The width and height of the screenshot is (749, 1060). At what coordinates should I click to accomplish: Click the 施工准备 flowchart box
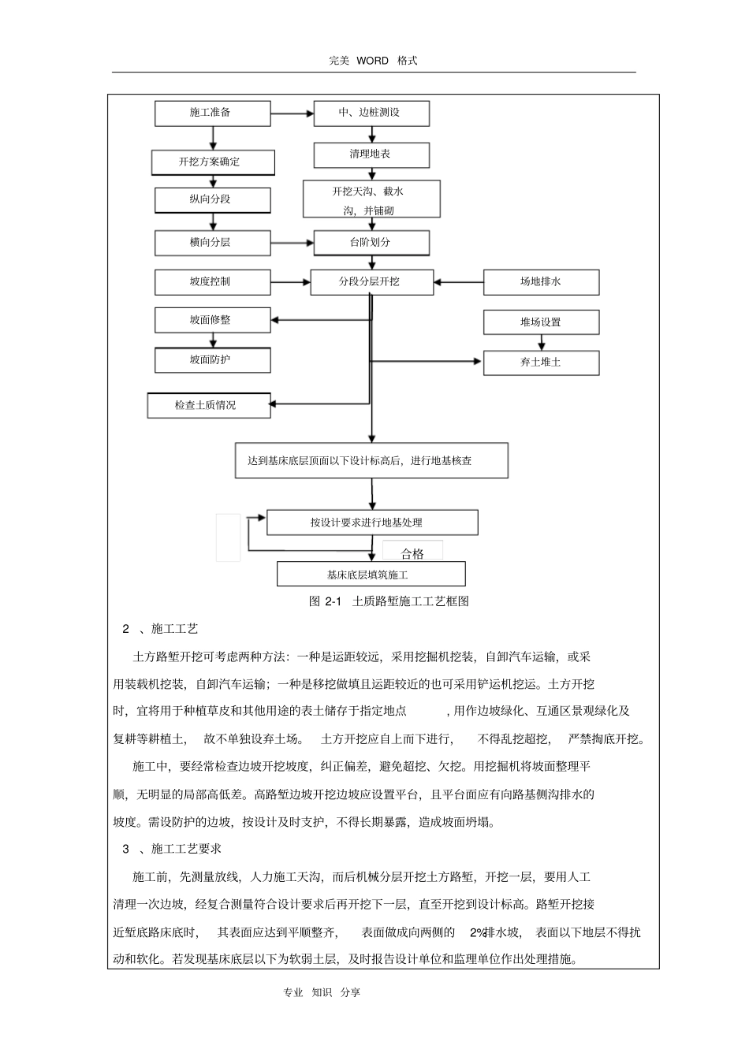pyautogui.click(x=212, y=113)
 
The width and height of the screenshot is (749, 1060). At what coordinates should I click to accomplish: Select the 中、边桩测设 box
pyautogui.click(x=371, y=113)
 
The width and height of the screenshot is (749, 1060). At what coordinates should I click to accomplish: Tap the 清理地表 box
pyautogui.click(x=371, y=154)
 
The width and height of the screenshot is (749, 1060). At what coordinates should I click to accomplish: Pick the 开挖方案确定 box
pyautogui.click(x=212, y=162)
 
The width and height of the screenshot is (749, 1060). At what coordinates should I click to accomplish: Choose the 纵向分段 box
pyautogui.click(x=212, y=199)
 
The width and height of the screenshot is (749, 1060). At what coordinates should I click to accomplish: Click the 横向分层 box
pyautogui.click(x=212, y=243)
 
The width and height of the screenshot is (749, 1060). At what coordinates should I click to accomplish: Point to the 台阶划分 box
pyautogui.click(x=371, y=243)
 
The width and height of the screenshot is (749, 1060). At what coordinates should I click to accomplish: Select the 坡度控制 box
pyautogui.click(x=212, y=282)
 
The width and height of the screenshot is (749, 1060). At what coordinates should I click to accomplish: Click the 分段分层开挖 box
pyautogui.click(x=371, y=282)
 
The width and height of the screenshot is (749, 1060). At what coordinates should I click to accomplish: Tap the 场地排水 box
pyautogui.click(x=541, y=282)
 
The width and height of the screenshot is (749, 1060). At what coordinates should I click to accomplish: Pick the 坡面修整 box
pyautogui.click(x=212, y=321)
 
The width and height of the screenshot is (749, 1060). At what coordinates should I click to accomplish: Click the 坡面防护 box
pyautogui.click(x=212, y=360)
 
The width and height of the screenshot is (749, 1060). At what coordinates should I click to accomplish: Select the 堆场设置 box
pyautogui.click(x=541, y=322)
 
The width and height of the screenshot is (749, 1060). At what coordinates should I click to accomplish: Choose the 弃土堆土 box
pyautogui.click(x=541, y=363)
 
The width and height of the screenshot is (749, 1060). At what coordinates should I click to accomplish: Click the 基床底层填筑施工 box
pyautogui.click(x=371, y=575)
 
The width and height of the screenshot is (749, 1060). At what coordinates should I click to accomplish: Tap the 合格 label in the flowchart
pyautogui.click(x=412, y=553)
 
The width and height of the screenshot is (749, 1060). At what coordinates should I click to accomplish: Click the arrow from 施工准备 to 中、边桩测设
pyautogui.click(x=292, y=113)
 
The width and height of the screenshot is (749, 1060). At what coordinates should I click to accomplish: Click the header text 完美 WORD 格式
pyautogui.click(x=373, y=61)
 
